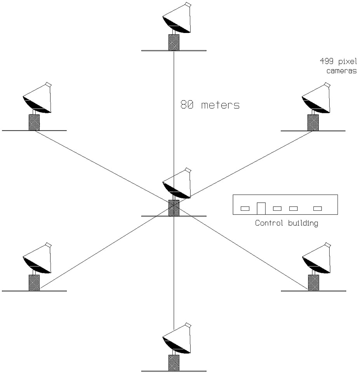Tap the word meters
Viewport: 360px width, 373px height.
(x=220, y=105)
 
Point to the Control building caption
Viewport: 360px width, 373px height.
(x=286, y=224)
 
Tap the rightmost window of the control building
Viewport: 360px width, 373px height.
(x=318, y=208)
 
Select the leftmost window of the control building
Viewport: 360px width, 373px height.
(x=245, y=208)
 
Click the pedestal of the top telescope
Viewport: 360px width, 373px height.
(x=174, y=42)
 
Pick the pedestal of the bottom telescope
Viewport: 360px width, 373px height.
(x=174, y=363)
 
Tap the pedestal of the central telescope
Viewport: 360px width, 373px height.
(x=174, y=208)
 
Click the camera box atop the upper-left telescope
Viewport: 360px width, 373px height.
(x=49, y=85)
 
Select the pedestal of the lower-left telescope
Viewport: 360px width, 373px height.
(x=34, y=283)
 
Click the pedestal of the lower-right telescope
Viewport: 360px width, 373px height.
(x=313, y=283)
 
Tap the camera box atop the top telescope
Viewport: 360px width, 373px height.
(x=188, y=5)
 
